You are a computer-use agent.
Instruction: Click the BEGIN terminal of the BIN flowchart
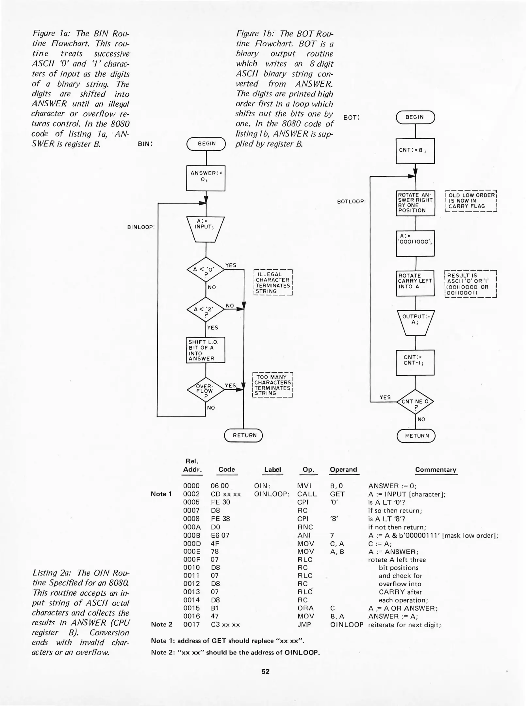(206, 144)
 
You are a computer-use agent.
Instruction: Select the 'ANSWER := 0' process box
(206, 178)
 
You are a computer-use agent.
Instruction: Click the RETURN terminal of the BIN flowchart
(244, 435)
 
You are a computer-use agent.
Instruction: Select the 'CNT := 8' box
(415, 151)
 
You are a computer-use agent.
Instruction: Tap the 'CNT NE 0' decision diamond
(415, 402)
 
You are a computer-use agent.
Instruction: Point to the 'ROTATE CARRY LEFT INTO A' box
(415, 283)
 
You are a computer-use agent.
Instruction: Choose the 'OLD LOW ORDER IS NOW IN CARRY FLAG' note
(471, 201)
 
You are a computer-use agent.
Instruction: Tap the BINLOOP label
(141, 227)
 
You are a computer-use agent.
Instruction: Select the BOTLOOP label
(351, 202)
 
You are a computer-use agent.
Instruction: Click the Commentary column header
(436, 470)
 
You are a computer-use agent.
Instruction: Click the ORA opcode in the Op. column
(305, 608)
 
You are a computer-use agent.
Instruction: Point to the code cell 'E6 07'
(220, 536)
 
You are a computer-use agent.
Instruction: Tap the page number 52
(265, 671)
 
